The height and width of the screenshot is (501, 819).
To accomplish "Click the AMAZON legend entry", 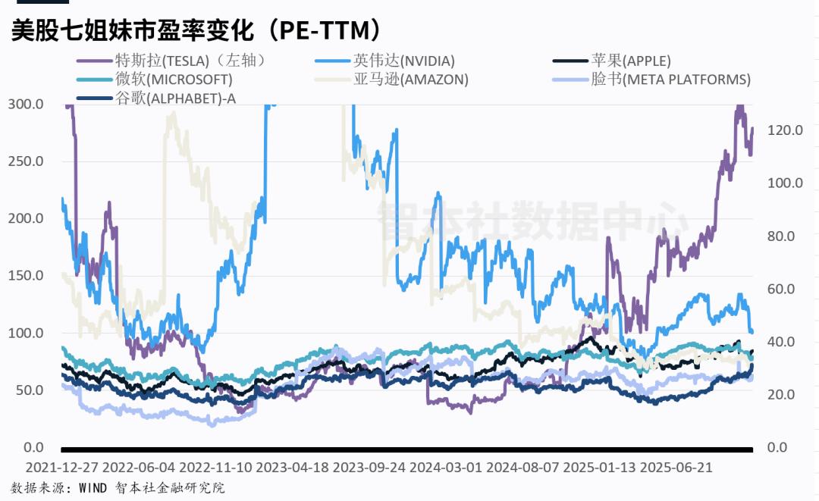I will pos(410,79).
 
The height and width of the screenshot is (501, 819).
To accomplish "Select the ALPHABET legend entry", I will pos(174,97).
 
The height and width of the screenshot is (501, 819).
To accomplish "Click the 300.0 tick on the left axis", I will pos(25,104).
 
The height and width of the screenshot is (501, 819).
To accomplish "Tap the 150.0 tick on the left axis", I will pos(25,275).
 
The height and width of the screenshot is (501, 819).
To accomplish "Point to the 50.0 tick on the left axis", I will pos(28,390).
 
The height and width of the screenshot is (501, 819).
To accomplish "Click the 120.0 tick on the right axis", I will pos(784,130).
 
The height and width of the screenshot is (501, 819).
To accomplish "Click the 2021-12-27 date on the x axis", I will pos(61,468).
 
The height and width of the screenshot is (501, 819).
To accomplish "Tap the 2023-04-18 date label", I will pos(292,468).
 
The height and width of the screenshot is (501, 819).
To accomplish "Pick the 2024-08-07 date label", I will pos(522,468).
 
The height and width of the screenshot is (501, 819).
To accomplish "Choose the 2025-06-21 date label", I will pos(676,468).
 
